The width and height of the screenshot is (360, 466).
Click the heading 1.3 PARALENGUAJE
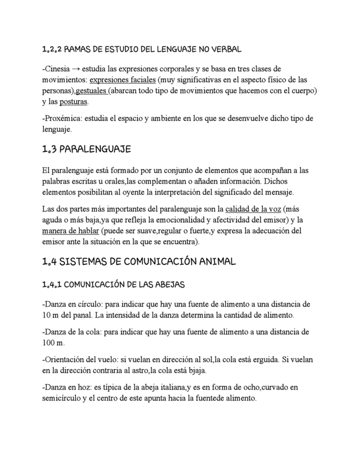coord(86,149)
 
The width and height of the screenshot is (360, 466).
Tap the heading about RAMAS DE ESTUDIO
coord(142,49)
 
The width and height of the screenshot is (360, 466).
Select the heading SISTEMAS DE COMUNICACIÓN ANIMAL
coord(139,262)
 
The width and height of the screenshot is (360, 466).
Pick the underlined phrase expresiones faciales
coord(118,80)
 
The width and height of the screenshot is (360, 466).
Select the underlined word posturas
coord(74,102)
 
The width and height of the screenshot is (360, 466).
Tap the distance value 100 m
coord(53,343)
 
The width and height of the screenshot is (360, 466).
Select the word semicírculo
coord(60,398)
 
